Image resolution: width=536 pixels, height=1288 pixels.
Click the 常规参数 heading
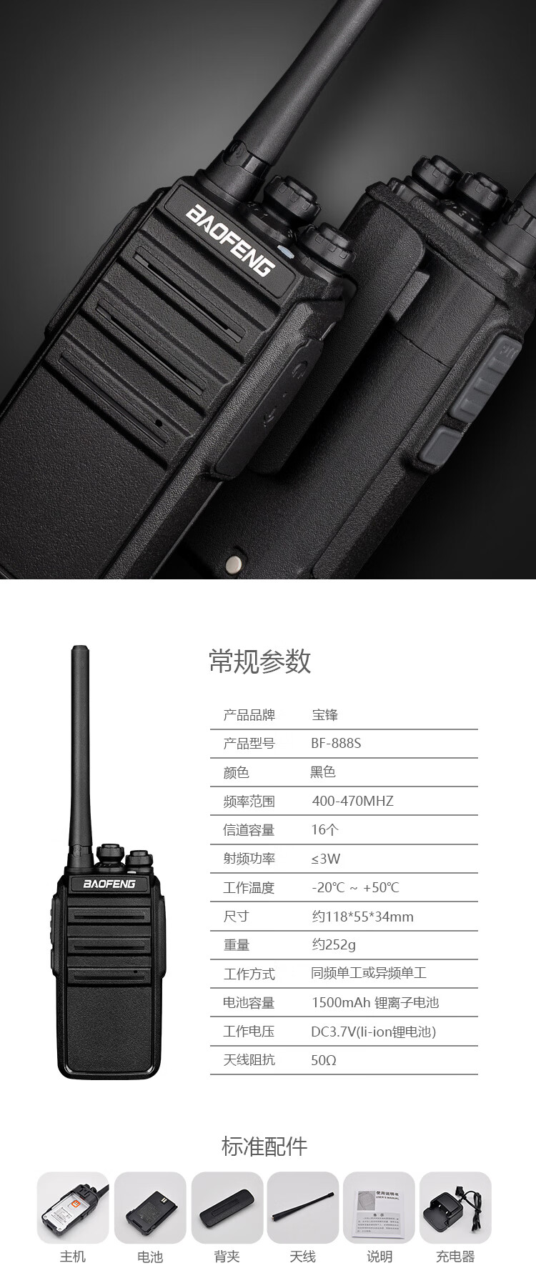[x=260, y=662]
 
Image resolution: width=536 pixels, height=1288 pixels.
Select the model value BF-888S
[x=336, y=743]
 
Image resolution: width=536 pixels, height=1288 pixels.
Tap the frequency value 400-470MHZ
[x=352, y=801]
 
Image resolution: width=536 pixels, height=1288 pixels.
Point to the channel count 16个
[x=325, y=829]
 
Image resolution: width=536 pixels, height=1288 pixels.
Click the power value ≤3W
[x=326, y=859]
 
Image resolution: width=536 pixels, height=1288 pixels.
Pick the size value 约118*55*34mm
[x=362, y=917]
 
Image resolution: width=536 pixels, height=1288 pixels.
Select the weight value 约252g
[x=334, y=945]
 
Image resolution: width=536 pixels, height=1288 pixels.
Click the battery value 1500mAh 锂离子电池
[x=375, y=1002]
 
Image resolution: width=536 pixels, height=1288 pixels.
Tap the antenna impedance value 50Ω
[x=324, y=1060]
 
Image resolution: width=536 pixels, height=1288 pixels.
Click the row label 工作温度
[x=249, y=887]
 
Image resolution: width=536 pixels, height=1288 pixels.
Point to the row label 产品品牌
[x=249, y=715]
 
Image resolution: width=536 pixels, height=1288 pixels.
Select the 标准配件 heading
[x=264, y=1146]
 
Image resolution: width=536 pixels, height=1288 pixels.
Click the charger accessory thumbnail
[x=455, y=1208]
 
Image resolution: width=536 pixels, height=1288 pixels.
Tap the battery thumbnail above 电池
[x=150, y=1208]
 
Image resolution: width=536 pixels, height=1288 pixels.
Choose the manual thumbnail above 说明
[x=379, y=1208]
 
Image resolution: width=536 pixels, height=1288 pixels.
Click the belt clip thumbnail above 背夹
[x=227, y=1208]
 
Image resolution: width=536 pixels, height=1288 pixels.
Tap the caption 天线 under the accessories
[x=303, y=1257]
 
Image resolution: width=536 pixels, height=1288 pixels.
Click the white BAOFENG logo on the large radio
[x=230, y=239]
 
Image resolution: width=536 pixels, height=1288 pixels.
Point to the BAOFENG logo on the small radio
[x=109, y=884]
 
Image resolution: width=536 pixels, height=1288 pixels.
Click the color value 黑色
[x=323, y=772]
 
